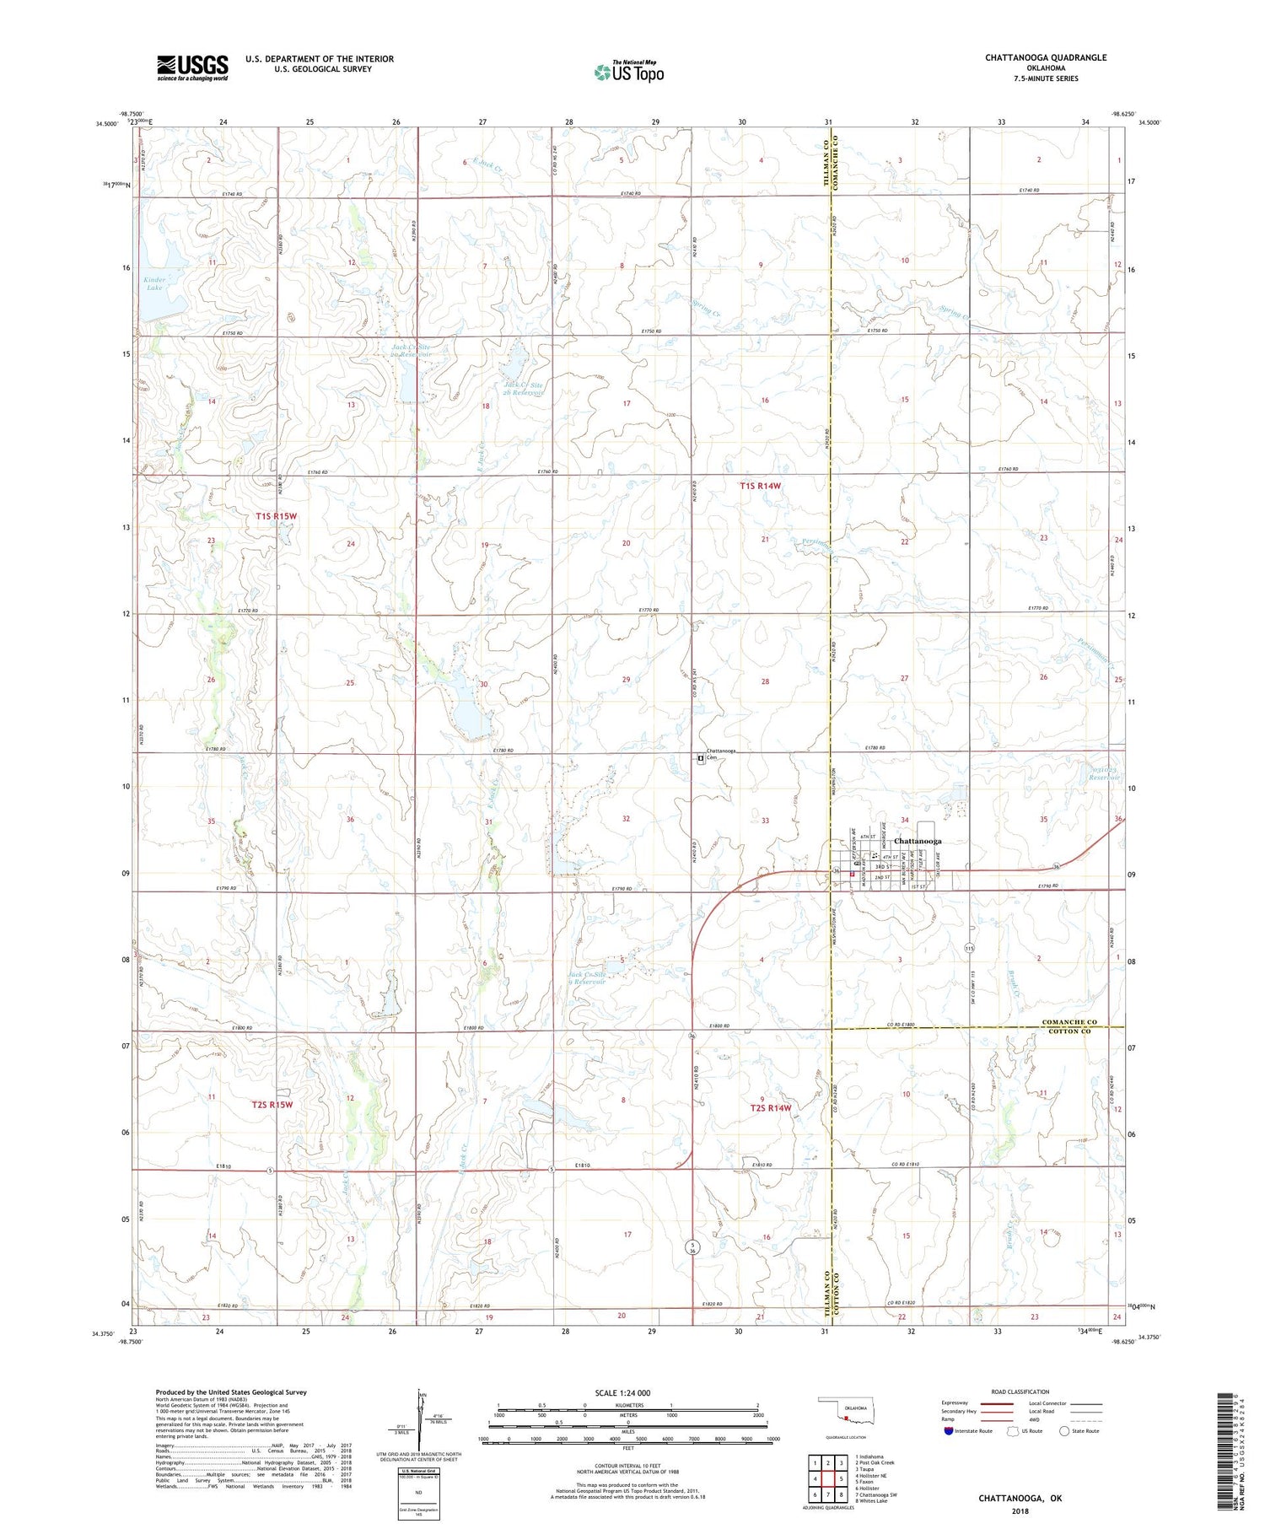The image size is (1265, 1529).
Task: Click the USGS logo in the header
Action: point(192,67)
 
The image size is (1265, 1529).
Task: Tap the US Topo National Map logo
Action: point(628,72)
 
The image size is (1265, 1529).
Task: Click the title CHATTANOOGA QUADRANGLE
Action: point(1045,57)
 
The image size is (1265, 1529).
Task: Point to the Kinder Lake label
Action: point(154,283)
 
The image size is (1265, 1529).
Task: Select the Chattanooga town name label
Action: point(918,841)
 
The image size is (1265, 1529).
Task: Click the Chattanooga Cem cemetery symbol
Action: point(701,758)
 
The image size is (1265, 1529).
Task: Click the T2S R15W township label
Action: point(272,1104)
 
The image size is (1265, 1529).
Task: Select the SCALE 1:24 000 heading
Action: point(622,1392)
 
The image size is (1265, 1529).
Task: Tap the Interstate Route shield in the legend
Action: point(949,1431)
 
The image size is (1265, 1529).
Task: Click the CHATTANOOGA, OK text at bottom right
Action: point(1020,1498)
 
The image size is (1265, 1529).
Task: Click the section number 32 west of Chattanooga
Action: point(626,819)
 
